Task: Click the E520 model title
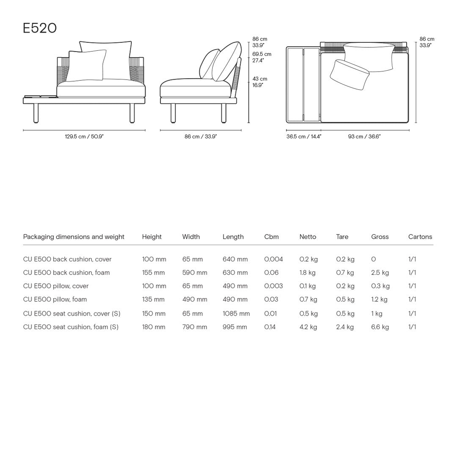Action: click(40, 28)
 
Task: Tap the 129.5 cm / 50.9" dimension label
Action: click(84, 137)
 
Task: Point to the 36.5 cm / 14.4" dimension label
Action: click(304, 137)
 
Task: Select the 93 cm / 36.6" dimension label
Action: click(364, 137)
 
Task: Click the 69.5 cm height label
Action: click(262, 54)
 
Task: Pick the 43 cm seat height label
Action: click(260, 79)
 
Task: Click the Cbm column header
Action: click(271, 237)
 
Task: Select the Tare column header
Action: click(342, 237)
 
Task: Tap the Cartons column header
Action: click(420, 237)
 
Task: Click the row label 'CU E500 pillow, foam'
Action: click(55, 300)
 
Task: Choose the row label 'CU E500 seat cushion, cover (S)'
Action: click(72, 314)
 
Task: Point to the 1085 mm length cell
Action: click(236, 314)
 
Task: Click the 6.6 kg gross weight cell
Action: click(380, 327)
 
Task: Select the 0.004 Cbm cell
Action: click(273, 259)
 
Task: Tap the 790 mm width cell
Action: click(195, 327)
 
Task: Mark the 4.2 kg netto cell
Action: click(308, 327)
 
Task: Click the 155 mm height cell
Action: click(153, 273)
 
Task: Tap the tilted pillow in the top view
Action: click(349, 74)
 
